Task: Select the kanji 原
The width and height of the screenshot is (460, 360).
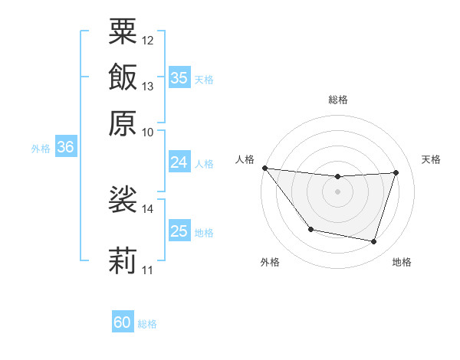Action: pyautogui.click(x=123, y=123)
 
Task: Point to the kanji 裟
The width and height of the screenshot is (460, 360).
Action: pyautogui.click(x=123, y=199)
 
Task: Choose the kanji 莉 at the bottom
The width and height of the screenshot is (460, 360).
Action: pyautogui.click(x=123, y=260)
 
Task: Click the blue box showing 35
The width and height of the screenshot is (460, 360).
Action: pyautogui.click(x=179, y=78)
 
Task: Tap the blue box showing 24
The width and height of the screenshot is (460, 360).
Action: pyautogui.click(x=179, y=162)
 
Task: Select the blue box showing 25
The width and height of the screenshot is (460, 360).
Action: pyautogui.click(x=179, y=231)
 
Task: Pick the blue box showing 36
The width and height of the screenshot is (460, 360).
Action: pyautogui.click(x=65, y=148)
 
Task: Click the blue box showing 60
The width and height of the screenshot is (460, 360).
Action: pyautogui.click(x=123, y=323)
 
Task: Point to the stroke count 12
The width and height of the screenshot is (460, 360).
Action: pyautogui.click(x=148, y=40)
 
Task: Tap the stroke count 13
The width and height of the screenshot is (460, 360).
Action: pyautogui.click(x=148, y=86)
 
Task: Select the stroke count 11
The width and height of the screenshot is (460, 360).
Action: pyautogui.click(x=148, y=270)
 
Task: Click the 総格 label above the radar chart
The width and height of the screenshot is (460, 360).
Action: pyautogui.click(x=338, y=100)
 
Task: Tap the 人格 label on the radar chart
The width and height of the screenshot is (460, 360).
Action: pyautogui.click(x=245, y=159)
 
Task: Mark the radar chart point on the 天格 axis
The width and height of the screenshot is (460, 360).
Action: pyautogui.click(x=396, y=172)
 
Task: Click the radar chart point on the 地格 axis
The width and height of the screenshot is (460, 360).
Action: pyautogui.click(x=373, y=242)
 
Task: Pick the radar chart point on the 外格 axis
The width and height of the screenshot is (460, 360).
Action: pyautogui.click(x=310, y=229)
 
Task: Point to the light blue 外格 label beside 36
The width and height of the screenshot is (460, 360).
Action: pyautogui.click(x=40, y=149)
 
